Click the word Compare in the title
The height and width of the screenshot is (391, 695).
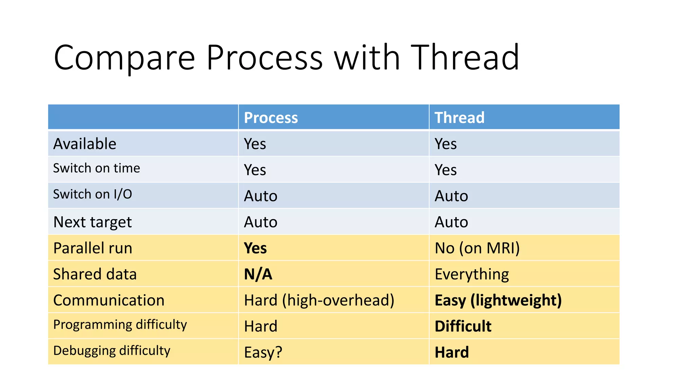coord(124,58)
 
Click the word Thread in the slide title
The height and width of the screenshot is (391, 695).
coord(465,58)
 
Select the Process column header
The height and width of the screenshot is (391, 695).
coord(271,118)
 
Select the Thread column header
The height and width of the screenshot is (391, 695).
coord(459,118)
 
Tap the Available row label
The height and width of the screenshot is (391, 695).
coord(85,144)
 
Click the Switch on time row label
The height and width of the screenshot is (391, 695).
coord(96,168)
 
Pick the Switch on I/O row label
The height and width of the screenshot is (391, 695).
coord(92,194)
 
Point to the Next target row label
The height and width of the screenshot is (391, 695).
coord(92,222)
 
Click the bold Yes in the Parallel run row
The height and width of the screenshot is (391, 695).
coord(255,248)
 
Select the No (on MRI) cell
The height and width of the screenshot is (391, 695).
coord(477,248)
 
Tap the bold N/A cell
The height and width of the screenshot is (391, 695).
coord(258,274)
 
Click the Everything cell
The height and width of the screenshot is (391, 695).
coord(472,274)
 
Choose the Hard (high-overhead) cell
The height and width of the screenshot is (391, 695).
coord(319,300)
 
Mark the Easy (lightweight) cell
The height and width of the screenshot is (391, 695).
coord(498,300)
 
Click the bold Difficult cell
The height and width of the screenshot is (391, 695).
coord(463,326)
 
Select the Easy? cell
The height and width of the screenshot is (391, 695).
coord(263,352)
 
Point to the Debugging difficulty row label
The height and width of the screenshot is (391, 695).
coord(112,351)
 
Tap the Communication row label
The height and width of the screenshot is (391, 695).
coord(109,300)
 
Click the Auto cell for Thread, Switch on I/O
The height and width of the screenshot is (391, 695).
coord(451,196)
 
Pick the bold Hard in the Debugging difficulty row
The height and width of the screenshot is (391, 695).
coord(452,352)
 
